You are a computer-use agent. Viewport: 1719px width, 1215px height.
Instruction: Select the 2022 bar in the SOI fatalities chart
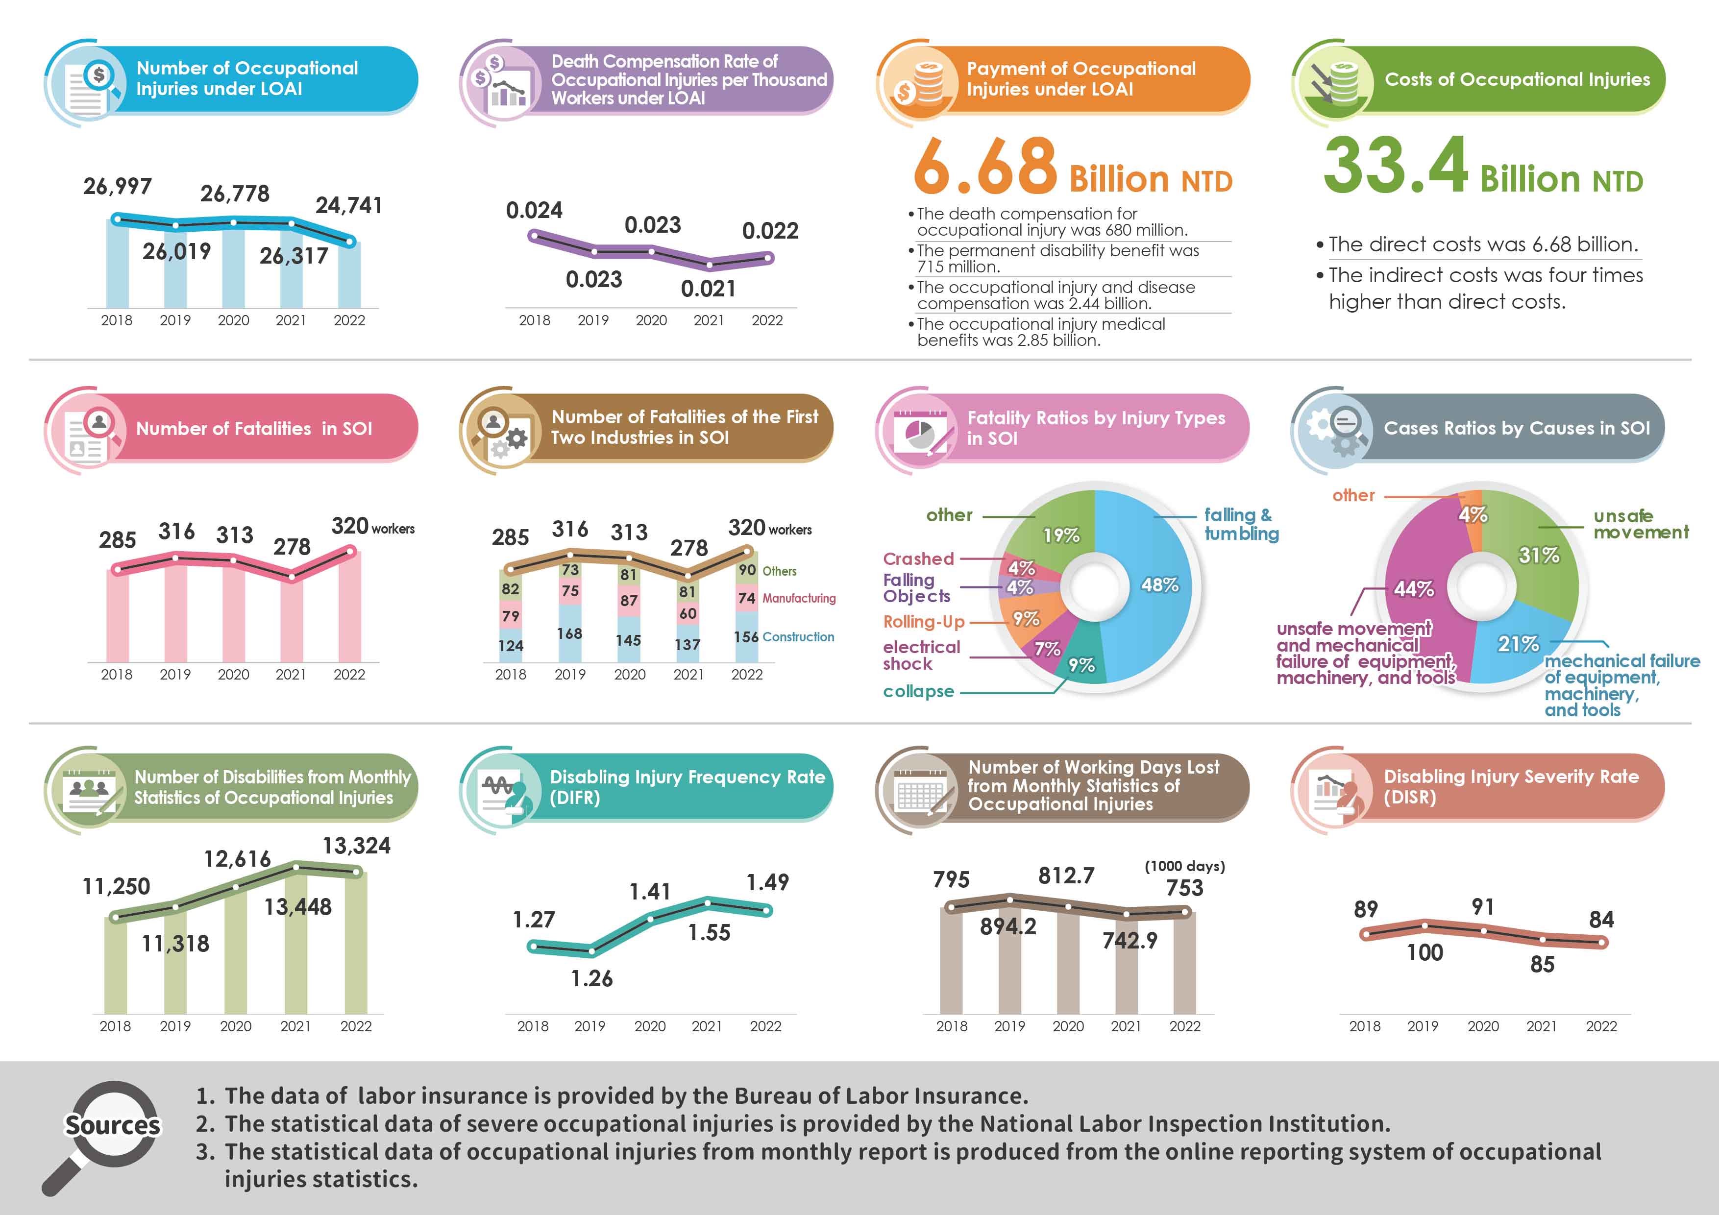[350, 610]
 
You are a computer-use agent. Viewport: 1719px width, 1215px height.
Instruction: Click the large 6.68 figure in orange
[984, 166]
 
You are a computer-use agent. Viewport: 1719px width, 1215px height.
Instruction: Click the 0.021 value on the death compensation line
[708, 289]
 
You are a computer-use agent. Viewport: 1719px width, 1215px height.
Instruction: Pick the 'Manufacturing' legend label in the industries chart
[798, 598]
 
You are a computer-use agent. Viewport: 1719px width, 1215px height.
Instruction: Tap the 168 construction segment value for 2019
[570, 633]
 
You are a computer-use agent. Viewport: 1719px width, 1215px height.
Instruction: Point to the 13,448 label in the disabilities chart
[297, 907]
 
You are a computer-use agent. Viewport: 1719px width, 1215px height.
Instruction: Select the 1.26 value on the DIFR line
[591, 978]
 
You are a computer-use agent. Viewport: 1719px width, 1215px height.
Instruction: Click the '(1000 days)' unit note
[1184, 866]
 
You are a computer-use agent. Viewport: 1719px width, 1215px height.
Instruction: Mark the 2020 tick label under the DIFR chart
[649, 1026]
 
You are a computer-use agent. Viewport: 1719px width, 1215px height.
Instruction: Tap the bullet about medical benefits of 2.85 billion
[1041, 332]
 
